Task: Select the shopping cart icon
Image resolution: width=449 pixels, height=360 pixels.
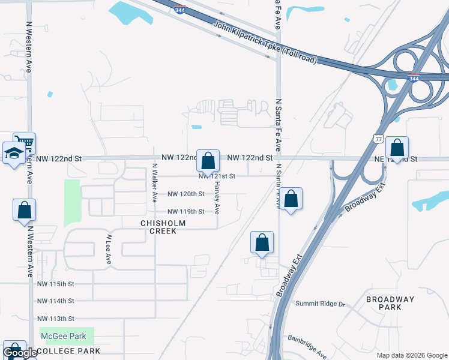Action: click(24, 143)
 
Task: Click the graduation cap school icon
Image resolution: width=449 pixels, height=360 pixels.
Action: click(13, 154)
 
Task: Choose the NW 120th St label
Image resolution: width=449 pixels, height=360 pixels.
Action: click(185, 194)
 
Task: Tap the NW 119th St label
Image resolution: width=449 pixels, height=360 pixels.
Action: click(185, 211)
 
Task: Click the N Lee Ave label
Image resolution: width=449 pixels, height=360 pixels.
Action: click(109, 250)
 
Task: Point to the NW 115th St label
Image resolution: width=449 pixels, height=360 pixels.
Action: click(55, 283)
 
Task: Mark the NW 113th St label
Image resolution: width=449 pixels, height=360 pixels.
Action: click(55, 319)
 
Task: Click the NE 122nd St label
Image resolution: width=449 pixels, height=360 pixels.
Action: click(396, 159)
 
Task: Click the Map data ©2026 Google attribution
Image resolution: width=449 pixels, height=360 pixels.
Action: click(411, 355)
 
